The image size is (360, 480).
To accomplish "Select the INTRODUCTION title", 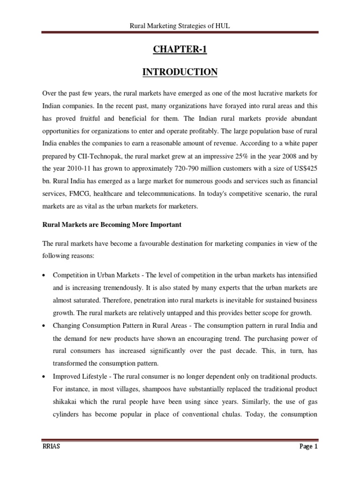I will coord(180,72).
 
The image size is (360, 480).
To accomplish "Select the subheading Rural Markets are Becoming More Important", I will coord(112,225).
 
